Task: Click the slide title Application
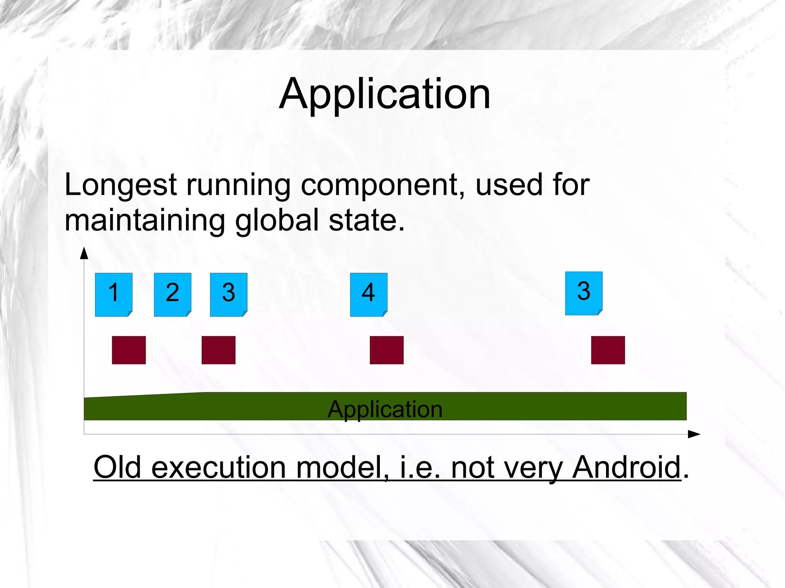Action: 384,94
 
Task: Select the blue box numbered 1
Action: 113,294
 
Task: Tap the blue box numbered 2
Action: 172,294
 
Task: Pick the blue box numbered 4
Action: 368,294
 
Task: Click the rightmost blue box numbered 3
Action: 584,293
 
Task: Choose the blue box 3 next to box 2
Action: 228,294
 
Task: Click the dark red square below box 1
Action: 129,350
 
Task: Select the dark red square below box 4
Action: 386,350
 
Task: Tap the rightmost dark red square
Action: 608,350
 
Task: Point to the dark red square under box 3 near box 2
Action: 218,350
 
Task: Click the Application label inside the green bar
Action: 385,409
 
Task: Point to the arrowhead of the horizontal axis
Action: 695,434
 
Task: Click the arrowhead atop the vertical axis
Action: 84,253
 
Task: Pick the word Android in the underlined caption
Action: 626,467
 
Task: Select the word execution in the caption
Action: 218,467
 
